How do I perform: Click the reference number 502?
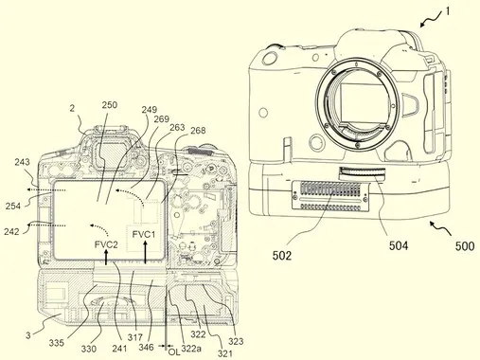point(282,256)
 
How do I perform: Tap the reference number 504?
point(399,245)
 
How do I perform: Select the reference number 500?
point(465,246)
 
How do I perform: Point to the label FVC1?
point(144,235)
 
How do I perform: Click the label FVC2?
point(106,244)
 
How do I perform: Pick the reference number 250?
point(110,105)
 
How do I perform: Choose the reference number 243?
point(22,162)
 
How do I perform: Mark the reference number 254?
point(13,207)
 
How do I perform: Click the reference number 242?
point(11,231)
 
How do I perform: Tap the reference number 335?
point(57,343)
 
